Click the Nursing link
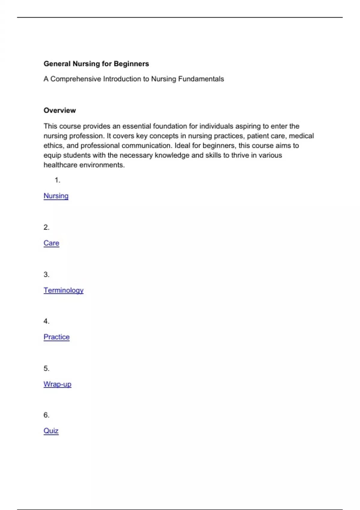point(56,196)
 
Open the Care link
point(51,243)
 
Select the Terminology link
point(63,290)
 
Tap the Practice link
point(56,337)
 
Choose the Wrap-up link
point(57,384)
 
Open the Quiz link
point(51,431)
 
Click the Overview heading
point(60,110)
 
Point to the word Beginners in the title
point(131,64)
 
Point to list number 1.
point(57,180)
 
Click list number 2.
point(46,227)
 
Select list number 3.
point(46,274)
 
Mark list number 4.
point(46,321)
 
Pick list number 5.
point(46,368)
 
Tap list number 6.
point(46,415)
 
